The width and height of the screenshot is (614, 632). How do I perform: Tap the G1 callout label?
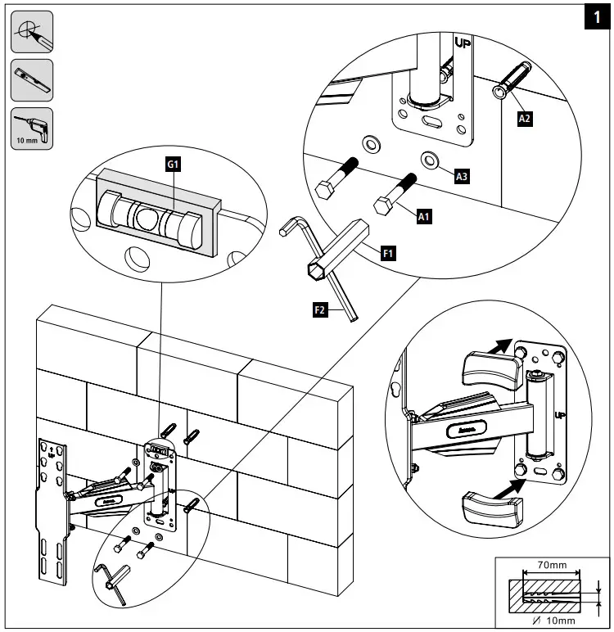tap(173, 165)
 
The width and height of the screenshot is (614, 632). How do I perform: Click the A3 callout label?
tap(461, 174)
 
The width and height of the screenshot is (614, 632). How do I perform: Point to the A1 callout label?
tap(423, 216)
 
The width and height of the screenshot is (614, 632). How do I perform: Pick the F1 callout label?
tap(389, 254)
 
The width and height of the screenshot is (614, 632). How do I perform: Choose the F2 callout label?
tap(321, 310)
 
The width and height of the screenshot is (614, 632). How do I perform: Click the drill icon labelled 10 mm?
tap(32, 129)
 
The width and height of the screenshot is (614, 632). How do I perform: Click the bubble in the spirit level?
tap(147, 217)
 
